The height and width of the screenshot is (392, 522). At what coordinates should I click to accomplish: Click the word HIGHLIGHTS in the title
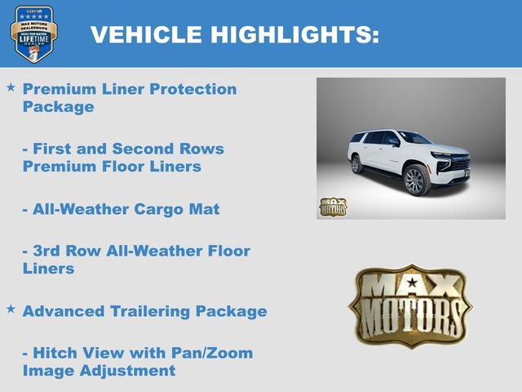pyautogui.click(x=294, y=34)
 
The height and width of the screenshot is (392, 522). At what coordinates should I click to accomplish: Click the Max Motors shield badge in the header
pyautogui.click(x=33, y=35)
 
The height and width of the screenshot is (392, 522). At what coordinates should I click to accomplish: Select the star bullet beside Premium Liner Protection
pyautogui.click(x=11, y=87)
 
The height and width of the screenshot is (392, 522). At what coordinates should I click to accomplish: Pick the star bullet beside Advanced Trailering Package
pyautogui.click(x=11, y=310)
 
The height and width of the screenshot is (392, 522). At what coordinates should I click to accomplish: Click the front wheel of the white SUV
pyautogui.click(x=415, y=181)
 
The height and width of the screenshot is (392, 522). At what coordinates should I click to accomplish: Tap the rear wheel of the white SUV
pyautogui.click(x=356, y=165)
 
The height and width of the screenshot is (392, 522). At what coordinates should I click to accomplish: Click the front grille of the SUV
pyautogui.click(x=459, y=163)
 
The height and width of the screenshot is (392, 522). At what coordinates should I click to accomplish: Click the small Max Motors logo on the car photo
pyautogui.click(x=332, y=207)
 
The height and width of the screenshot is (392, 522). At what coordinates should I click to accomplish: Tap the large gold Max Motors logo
pyautogui.click(x=410, y=305)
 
